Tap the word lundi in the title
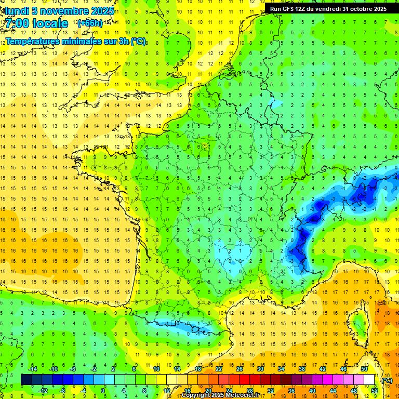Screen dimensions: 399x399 (x=17, y=10)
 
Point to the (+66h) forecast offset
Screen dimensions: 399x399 (x=89, y=23)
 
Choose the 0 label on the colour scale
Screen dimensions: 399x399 (x=103, y=391)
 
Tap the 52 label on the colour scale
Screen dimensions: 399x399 (x=375, y=391)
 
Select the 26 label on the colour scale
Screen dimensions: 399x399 (x=240, y=369)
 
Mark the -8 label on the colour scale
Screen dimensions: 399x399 (x=62, y=391)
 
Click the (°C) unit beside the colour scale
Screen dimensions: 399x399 (x=387, y=380)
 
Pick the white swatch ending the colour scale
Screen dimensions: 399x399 (x=369, y=380)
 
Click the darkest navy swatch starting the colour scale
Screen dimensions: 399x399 (x=26, y=380)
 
